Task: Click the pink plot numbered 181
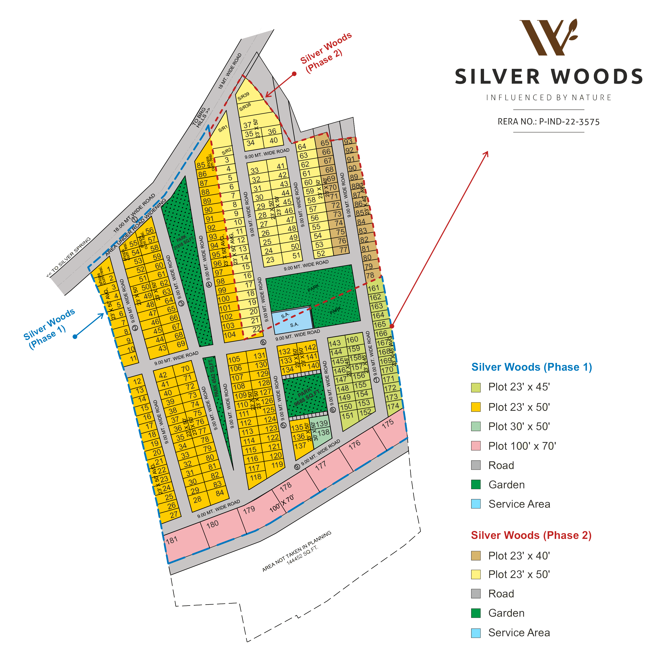(x=172, y=540)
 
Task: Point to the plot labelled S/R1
(x=223, y=129)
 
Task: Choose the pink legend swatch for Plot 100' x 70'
(x=476, y=446)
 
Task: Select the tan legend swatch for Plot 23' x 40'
(x=476, y=556)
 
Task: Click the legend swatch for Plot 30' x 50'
(x=476, y=426)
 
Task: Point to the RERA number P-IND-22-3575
(x=548, y=122)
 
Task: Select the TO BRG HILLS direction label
(x=201, y=117)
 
